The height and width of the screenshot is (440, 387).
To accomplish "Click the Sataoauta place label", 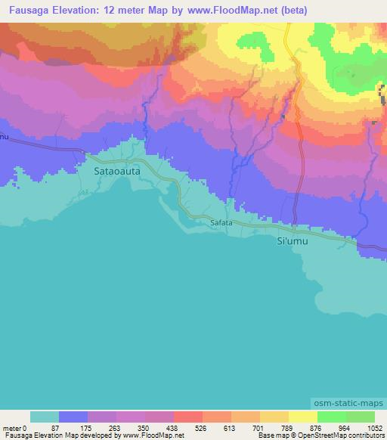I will (x=116, y=172).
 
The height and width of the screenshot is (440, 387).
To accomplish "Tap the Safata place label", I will (x=221, y=223).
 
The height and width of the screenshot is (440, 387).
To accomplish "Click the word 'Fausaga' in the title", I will (x=25, y=8).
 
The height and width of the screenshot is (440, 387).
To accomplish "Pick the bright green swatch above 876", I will (x=331, y=417).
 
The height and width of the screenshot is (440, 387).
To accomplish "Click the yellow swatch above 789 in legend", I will (x=302, y=417).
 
